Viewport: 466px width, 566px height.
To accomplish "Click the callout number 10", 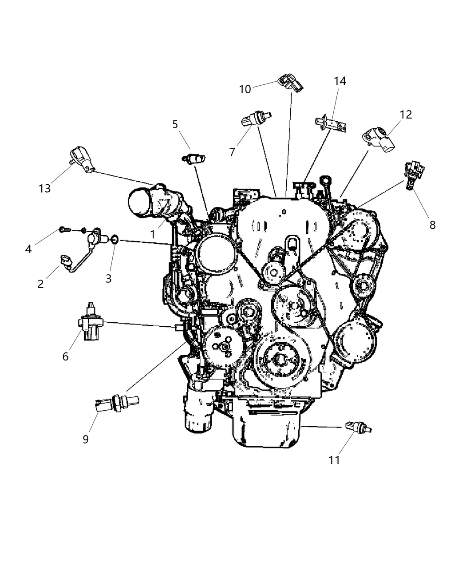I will pos(245,89).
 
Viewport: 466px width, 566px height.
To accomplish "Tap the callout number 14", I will pos(340,81).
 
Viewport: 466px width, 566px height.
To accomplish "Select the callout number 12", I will pos(405,115).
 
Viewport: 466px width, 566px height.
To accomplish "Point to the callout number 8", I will pos(432,225).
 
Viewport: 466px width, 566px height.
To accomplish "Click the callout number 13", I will pos(44,188).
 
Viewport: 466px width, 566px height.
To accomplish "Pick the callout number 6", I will pos(65,356).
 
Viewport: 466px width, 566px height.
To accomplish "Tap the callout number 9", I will pos(85,439).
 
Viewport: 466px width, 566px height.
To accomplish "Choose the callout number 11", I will pos(334,460).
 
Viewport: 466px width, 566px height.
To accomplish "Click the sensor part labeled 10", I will pos(291,83).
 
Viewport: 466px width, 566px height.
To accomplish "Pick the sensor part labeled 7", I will pos(256,119).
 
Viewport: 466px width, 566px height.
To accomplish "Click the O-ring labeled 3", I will pos(114,240).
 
